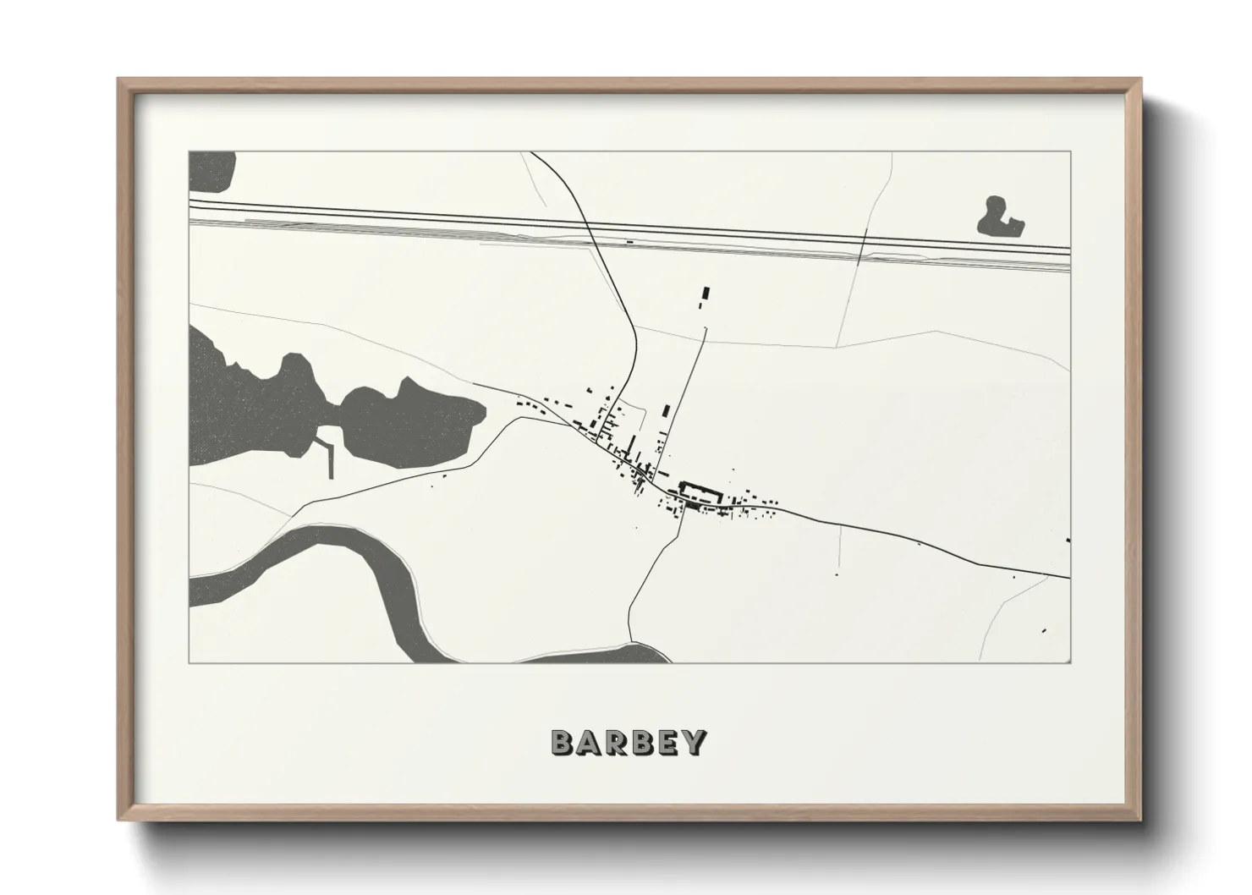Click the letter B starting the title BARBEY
click(x=562, y=743)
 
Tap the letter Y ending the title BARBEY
click(x=694, y=743)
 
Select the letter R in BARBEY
click(x=615, y=743)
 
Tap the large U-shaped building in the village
click(x=700, y=492)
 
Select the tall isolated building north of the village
click(x=706, y=296)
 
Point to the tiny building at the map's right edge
click(x=1068, y=541)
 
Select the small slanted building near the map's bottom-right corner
click(x=1044, y=630)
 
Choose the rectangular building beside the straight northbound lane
click(x=666, y=410)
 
